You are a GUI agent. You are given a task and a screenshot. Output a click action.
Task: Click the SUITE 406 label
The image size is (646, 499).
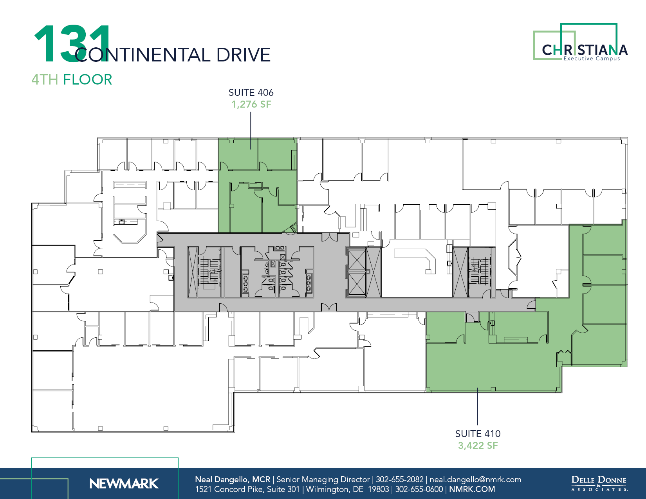pyautogui.click(x=251, y=93)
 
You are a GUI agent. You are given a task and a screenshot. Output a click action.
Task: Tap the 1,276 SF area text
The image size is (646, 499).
pyautogui.click(x=251, y=104)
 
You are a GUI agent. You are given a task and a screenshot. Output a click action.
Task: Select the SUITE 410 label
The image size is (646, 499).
pyautogui.click(x=478, y=434)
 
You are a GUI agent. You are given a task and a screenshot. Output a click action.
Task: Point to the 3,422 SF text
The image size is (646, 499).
pyautogui.click(x=478, y=445)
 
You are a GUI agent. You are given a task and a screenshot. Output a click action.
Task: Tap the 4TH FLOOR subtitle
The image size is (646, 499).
pyautogui.click(x=72, y=79)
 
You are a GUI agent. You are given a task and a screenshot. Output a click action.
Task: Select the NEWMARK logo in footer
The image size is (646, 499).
pyautogui.click(x=124, y=484)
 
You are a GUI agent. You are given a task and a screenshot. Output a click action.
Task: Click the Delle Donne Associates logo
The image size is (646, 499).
pyautogui.click(x=599, y=483)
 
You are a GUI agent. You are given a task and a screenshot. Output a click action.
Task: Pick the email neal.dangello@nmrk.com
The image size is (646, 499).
pyautogui.click(x=475, y=479)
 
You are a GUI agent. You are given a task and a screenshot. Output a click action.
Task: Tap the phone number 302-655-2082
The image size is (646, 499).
pyautogui.click(x=400, y=479)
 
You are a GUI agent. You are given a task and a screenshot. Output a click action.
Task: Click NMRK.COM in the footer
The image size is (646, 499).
pyautogui.click(x=472, y=489)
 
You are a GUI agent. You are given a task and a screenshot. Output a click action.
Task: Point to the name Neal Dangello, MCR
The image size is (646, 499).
pyautogui.click(x=233, y=479)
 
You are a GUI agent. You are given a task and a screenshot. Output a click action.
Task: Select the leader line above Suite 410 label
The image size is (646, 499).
pyautogui.click(x=478, y=407)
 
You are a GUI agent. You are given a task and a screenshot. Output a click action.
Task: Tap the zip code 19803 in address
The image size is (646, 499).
pyautogui.click(x=378, y=489)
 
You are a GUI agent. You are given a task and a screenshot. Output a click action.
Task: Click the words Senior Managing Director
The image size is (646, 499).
pyautogui.click(x=323, y=479)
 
